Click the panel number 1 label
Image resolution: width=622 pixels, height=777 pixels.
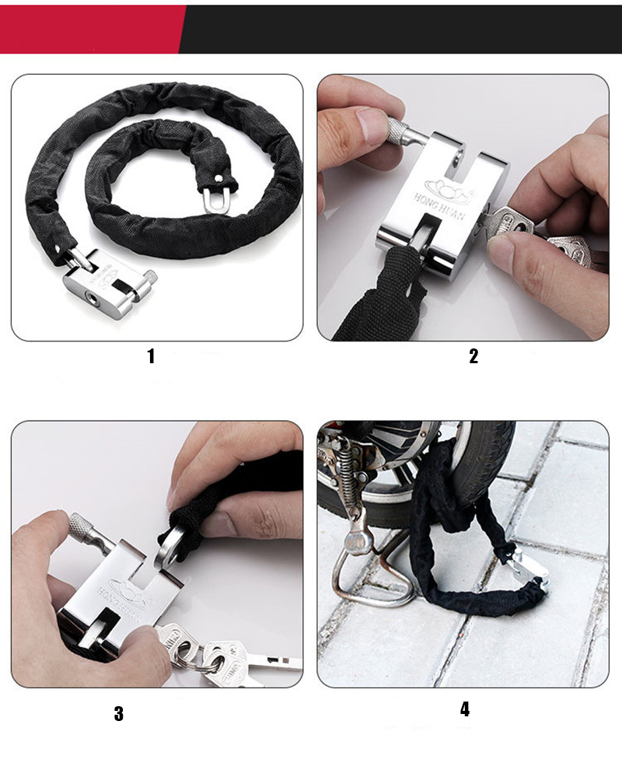pyautogui.click(x=151, y=356)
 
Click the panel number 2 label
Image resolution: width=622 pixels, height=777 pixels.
pyautogui.click(x=473, y=356)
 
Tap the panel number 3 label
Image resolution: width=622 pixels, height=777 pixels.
pyautogui.click(x=118, y=713)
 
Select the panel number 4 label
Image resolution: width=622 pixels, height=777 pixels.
pyautogui.click(x=464, y=709)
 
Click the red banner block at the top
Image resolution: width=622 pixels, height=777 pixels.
pyautogui.click(x=89, y=29)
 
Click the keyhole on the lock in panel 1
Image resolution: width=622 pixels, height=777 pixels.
pyautogui.click(x=93, y=296)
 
